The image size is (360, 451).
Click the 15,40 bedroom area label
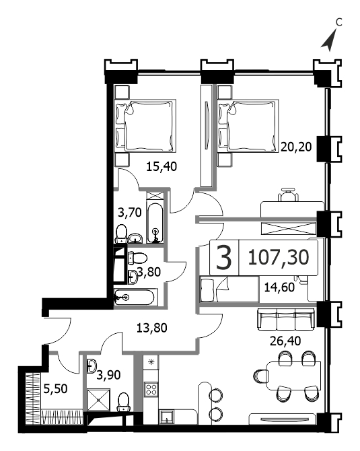click(x=161, y=166)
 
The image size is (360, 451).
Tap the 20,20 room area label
click(x=296, y=147)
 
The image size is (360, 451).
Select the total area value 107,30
click(x=278, y=257)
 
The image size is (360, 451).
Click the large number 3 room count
click(x=223, y=258)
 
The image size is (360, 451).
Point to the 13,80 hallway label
click(x=151, y=328)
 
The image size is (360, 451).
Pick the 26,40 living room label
click(x=285, y=341)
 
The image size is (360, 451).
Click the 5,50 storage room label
click(x=55, y=389)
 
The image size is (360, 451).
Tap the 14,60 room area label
click(x=279, y=287)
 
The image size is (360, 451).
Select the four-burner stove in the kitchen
click(x=151, y=390)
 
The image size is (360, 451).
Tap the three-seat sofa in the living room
click(x=286, y=319)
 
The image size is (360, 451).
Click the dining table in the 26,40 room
click(x=294, y=376)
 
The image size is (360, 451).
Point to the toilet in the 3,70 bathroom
click(x=121, y=234)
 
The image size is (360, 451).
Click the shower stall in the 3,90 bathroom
click(x=98, y=400)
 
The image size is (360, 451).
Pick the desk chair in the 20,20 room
click(x=287, y=195)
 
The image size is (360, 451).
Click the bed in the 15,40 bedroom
click(x=145, y=125)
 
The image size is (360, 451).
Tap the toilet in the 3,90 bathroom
click(x=124, y=403)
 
